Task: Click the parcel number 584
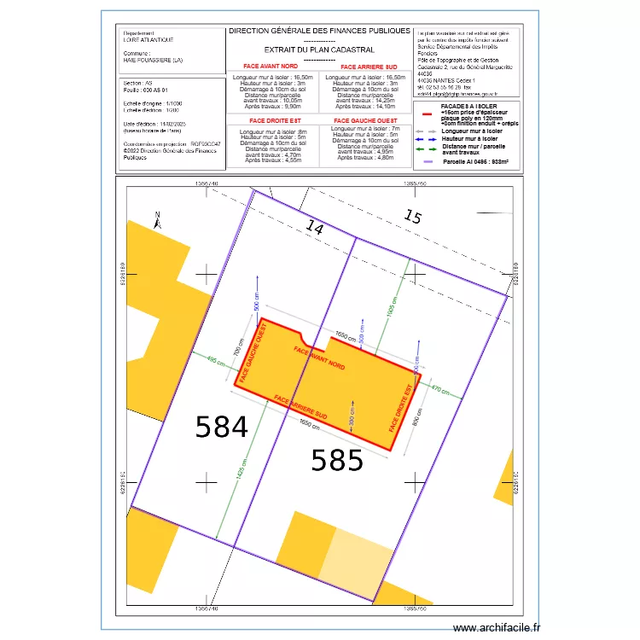tap(221, 427)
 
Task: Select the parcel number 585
tap(337, 461)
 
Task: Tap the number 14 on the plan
tap(316, 228)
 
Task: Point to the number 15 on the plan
tap(412, 217)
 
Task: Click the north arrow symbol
tap(157, 220)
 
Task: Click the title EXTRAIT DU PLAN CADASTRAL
tap(307, 49)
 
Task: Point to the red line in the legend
tap(428, 112)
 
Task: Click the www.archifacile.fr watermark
tap(497, 627)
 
